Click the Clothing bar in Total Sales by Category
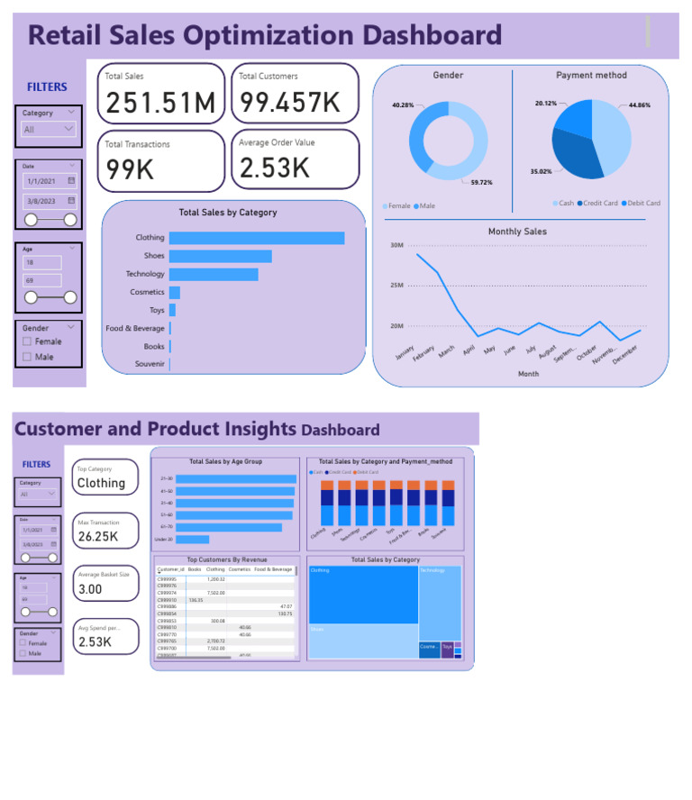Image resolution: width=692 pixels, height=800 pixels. pyautogui.click(x=256, y=238)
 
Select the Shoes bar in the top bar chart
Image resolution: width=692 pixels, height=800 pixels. pyautogui.click(x=220, y=256)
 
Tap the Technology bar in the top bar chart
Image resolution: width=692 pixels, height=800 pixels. pyautogui.click(x=214, y=274)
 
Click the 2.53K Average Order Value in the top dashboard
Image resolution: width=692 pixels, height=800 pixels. pyautogui.click(x=275, y=168)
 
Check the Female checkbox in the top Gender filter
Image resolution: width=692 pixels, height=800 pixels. pyautogui.click(x=27, y=341)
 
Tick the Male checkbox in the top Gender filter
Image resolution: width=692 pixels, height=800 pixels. pyautogui.click(x=27, y=357)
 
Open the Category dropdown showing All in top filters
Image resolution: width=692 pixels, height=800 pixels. pyautogui.click(x=49, y=130)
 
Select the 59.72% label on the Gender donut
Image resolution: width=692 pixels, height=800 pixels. pyautogui.click(x=482, y=183)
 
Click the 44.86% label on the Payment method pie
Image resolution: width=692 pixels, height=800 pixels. pyautogui.click(x=639, y=105)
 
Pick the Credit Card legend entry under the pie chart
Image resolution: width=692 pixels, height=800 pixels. pyautogui.click(x=599, y=204)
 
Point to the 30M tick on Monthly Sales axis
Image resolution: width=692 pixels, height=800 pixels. pyautogui.click(x=396, y=245)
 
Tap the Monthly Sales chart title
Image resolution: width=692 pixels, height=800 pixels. pyautogui.click(x=517, y=232)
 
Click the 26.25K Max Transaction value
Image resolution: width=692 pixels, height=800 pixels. pyautogui.click(x=98, y=537)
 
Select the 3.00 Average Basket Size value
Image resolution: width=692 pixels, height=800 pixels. pyautogui.click(x=90, y=589)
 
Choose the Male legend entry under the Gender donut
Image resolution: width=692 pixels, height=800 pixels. pyautogui.click(x=426, y=206)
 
